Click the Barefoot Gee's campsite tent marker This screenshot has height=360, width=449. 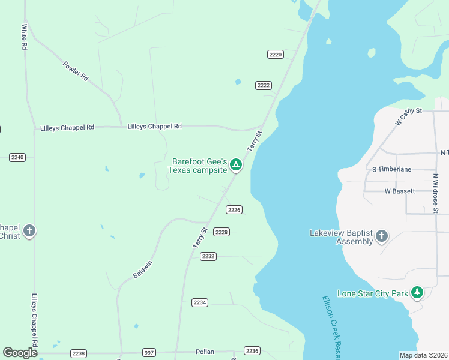click(236, 164)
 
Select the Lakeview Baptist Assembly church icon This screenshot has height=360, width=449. click(381, 237)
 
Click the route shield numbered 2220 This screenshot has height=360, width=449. click(275, 55)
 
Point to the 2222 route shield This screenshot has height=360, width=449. click(264, 85)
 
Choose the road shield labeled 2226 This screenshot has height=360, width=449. click(234, 210)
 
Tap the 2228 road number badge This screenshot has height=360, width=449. click(221, 232)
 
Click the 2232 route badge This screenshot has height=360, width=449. click(208, 256)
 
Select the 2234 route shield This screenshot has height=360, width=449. click(200, 302)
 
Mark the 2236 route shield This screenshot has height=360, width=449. click(252, 351)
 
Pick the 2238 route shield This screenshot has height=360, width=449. click(78, 353)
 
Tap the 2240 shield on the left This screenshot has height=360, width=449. click(17, 157)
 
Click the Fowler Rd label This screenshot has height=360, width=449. click(76, 70)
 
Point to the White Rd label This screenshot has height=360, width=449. click(25, 37)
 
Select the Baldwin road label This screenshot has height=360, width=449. click(143, 269)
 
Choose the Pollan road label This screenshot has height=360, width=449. click(205, 352)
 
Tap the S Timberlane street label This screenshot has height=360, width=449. click(392, 169)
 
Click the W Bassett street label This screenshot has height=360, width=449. click(400, 191)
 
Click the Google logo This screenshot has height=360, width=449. click(20, 353)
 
